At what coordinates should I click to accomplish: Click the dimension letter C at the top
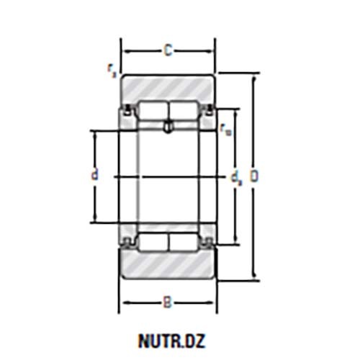point(167,51)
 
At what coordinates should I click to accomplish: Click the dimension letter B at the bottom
point(167,303)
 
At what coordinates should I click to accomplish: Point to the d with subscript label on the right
point(235,176)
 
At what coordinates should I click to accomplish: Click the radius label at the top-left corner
point(110,69)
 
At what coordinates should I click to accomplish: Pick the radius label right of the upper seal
point(225,130)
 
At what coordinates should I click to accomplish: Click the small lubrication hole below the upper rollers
point(168,128)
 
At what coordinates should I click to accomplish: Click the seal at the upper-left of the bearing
point(128,110)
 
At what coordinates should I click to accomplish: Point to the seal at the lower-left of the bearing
point(128,242)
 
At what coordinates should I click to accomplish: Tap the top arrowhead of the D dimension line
point(253,78)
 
